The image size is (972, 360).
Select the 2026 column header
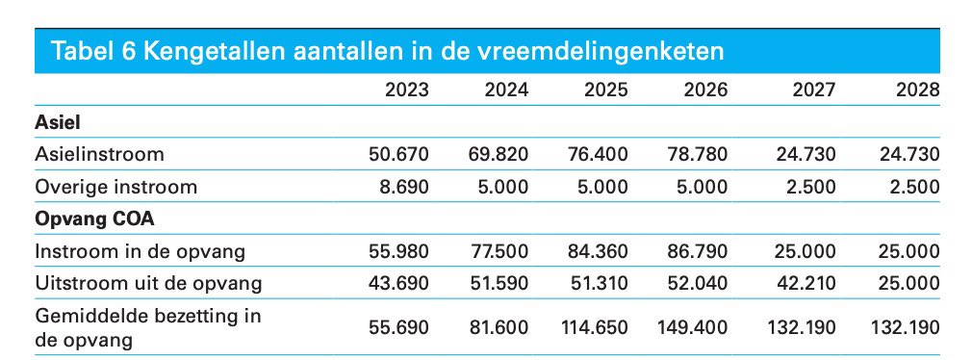pyautogui.click(x=705, y=90)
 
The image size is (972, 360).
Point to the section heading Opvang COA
pyautogui.click(x=84, y=219)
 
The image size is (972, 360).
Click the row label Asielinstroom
pyautogui.click(x=99, y=154)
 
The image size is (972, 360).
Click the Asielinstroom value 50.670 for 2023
pyautogui.click(x=398, y=154)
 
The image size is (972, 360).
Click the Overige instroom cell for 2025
pyautogui.click(x=602, y=187)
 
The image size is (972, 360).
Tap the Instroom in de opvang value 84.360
pyautogui.click(x=598, y=251)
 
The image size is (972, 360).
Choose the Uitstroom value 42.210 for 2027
pyautogui.click(x=805, y=283)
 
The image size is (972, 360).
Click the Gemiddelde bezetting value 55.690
pyautogui.click(x=398, y=327)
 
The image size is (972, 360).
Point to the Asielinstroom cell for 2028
pyautogui.click(x=907, y=154)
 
